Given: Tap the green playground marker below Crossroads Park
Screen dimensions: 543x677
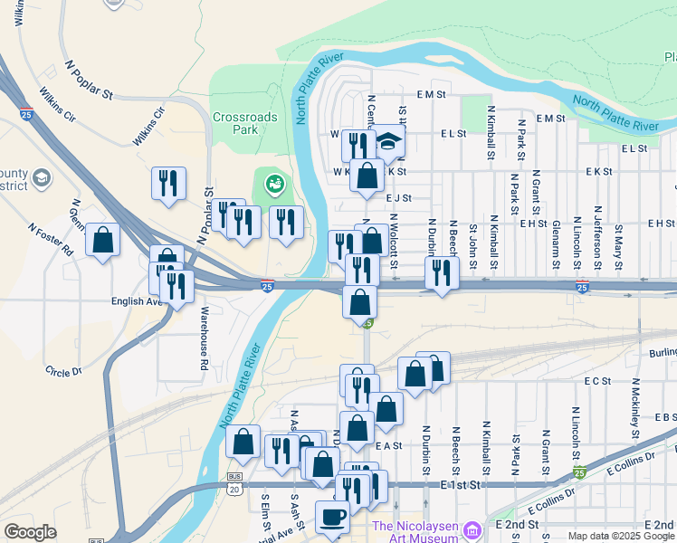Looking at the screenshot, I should coord(274,185).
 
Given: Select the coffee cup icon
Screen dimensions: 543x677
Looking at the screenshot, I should coord(331,517).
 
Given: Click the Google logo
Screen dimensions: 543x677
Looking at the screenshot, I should coord(30,532).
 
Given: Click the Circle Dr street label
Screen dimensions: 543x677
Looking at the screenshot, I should coord(62,371).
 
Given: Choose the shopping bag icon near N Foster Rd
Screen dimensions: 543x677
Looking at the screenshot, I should coord(103,241).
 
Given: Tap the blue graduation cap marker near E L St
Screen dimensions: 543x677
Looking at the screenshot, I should coord(388,141).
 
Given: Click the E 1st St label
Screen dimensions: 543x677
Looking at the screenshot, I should coord(460,486).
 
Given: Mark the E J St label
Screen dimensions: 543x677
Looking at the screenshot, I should coord(398,197).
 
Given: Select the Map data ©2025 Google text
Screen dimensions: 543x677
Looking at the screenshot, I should coord(621,536).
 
